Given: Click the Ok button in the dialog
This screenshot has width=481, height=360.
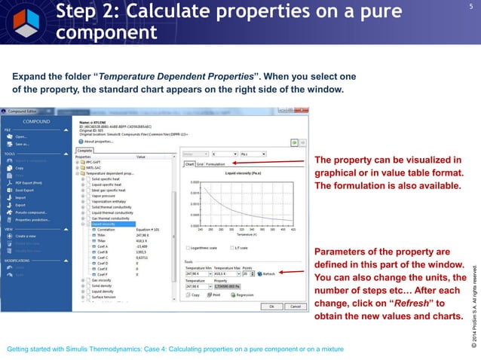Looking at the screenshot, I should (271, 307).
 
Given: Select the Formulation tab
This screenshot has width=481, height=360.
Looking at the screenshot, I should (217, 163).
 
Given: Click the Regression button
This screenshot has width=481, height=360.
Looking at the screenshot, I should (242, 295).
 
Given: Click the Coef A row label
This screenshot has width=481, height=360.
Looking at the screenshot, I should (103, 246).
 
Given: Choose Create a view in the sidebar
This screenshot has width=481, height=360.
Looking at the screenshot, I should (27, 236).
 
